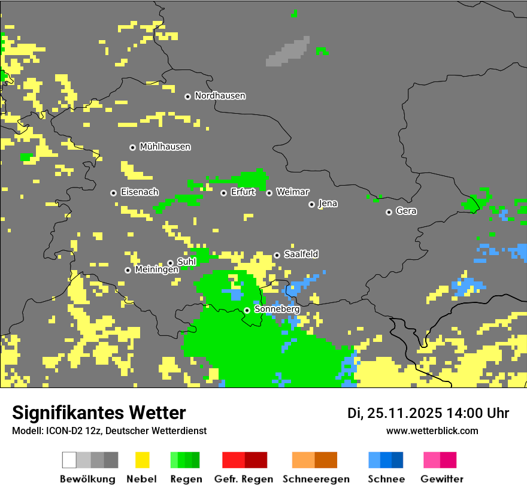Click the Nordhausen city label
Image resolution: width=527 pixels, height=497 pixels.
[220, 96]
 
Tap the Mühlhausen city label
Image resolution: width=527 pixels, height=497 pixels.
[165, 147]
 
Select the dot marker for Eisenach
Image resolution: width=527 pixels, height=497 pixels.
[113, 193]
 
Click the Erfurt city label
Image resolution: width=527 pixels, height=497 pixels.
[243, 192]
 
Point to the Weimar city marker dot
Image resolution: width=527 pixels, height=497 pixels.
[269, 193]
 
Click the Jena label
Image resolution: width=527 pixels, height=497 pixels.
[328, 204]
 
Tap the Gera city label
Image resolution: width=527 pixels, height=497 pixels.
[406, 211]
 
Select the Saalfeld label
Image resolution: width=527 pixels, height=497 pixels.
[301, 254]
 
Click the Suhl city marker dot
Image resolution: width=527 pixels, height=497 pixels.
[170, 263]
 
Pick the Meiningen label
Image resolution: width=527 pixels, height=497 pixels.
[156, 270]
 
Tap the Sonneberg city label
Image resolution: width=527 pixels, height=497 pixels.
[277, 310]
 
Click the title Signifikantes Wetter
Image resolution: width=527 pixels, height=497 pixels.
[99, 413]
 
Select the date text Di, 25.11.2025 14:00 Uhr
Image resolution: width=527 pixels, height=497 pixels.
[428, 413]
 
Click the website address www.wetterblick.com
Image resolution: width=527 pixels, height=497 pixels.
[432, 431]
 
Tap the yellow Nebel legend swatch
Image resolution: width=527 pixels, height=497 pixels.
[142, 460]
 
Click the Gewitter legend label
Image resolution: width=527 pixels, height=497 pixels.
[441, 479]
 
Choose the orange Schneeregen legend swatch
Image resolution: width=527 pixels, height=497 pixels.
[314, 460]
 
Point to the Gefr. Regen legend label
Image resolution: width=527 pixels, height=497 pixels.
[243, 479]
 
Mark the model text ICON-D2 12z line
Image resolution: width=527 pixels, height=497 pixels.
[109, 431]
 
